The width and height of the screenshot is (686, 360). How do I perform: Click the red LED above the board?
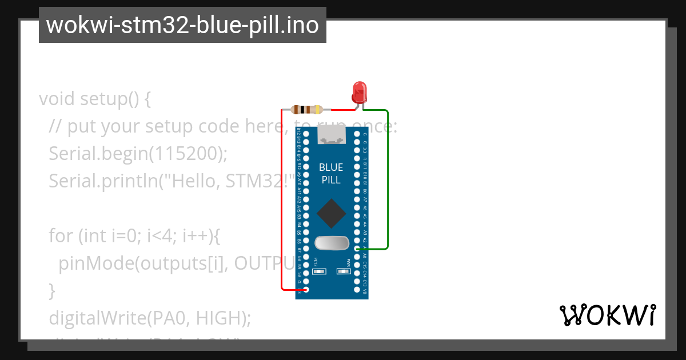pos(359,91)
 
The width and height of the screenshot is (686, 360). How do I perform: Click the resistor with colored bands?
pos(307,110)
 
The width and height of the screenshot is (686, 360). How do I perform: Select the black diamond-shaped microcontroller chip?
pos(332,214)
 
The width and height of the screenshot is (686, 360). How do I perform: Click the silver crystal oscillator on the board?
pos(332,243)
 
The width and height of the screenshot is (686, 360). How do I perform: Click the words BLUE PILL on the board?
pos(331,174)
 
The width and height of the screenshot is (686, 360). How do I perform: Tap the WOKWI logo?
pos(607,315)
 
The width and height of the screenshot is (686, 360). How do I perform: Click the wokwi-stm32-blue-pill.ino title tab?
pos(182,25)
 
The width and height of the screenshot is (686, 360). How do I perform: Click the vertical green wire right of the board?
pos(388,177)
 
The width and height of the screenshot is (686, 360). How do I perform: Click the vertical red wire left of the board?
pos(281,200)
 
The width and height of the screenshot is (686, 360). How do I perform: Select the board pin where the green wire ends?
pos(357,249)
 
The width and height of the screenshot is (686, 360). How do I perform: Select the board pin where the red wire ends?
pos(306,290)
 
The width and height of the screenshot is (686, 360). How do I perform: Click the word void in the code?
pos(57,99)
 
